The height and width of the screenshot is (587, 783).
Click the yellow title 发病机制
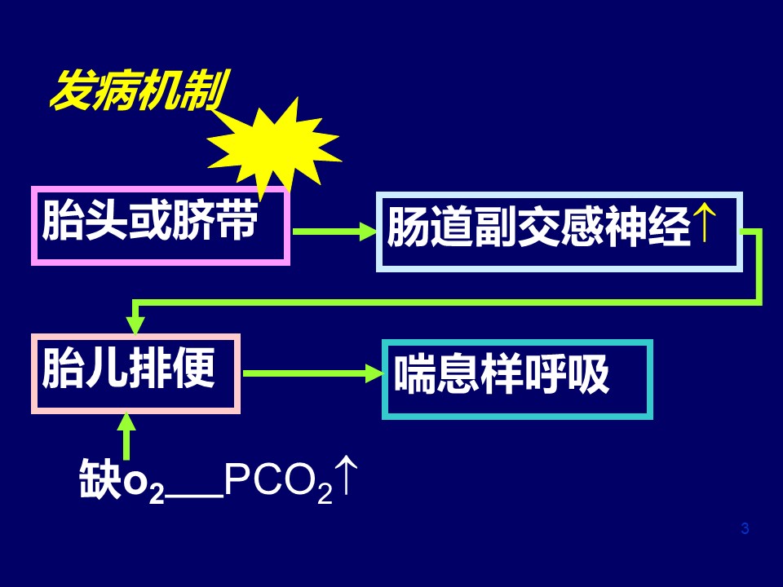[x=139, y=90]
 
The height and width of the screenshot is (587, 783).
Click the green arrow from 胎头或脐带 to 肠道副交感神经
[x=334, y=231]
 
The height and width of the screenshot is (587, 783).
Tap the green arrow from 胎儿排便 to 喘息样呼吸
[x=313, y=373]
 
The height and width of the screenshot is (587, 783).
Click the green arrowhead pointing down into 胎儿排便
[x=135, y=324]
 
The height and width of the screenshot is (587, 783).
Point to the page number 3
[x=745, y=528]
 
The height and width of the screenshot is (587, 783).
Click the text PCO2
[x=278, y=482]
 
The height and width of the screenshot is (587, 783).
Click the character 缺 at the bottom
[x=100, y=479]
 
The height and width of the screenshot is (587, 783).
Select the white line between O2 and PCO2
[x=194, y=496]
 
